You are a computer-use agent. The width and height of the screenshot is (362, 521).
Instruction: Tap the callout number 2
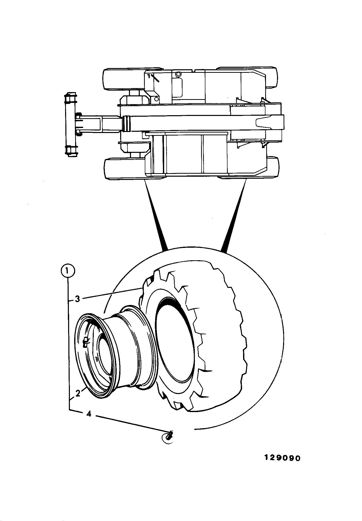point(78,393)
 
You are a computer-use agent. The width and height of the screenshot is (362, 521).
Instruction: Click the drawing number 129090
point(282,458)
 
